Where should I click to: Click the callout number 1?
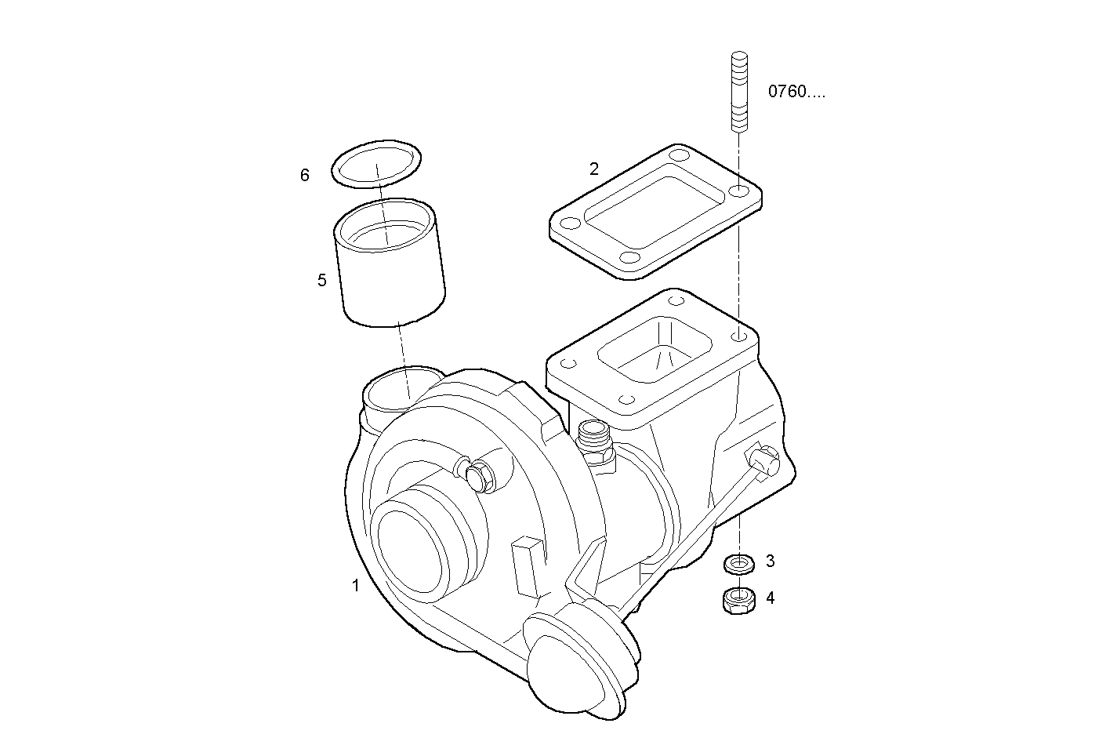(x=355, y=585)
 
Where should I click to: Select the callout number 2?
(x=594, y=169)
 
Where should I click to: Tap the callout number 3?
(x=770, y=561)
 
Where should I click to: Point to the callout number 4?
(x=770, y=598)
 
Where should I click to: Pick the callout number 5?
(x=322, y=280)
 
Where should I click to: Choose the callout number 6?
(x=305, y=175)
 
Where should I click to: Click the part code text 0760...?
(x=796, y=92)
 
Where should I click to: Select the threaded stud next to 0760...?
(x=738, y=92)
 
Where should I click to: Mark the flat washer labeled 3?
(x=738, y=562)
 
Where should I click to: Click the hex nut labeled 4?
(x=738, y=600)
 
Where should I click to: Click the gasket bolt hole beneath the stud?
(x=738, y=191)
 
